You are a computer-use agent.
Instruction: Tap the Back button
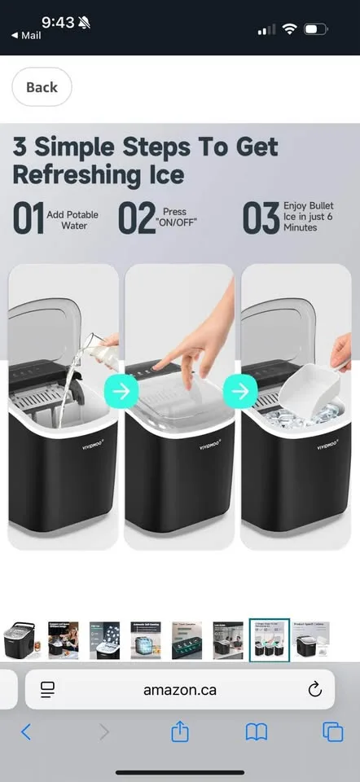click(x=42, y=87)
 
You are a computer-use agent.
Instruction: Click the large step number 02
click(x=137, y=220)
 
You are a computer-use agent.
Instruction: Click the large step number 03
click(x=261, y=220)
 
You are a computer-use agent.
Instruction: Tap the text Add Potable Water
click(x=73, y=220)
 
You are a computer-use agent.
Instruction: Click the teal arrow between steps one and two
click(x=121, y=391)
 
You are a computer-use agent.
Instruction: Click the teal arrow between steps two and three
click(x=239, y=391)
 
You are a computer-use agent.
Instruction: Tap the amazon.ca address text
click(x=180, y=690)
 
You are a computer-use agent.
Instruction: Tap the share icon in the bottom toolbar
click(x=180, y=731)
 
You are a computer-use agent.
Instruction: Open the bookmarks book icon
click(x=257, y=731)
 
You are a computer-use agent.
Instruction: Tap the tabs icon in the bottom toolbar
click(x=331, y=731)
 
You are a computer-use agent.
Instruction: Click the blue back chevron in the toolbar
click(x=26, y=731)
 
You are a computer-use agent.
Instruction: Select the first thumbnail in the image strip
click(x=20, y=640)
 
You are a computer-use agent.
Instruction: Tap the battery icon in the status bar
click(x=315, y=30)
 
